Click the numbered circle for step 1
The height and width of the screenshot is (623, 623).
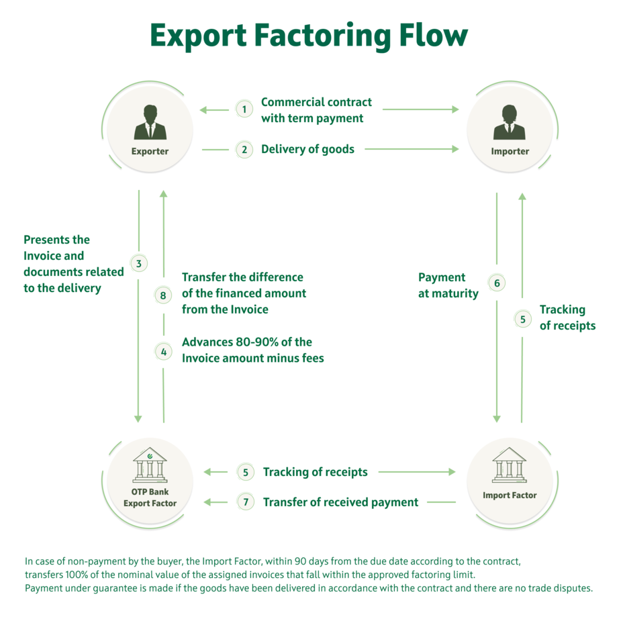click(244, 109)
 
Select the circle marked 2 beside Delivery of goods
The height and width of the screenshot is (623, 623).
click(244, 150)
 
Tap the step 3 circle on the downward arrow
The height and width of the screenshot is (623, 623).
click(138, 263)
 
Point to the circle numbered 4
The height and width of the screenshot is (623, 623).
click(163, 350)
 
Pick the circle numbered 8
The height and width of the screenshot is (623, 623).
click(163, 294)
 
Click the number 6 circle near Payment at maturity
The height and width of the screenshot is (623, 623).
click(497, 283)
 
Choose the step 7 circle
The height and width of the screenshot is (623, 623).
click(246, 501)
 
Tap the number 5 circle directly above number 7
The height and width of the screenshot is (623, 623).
click(246, 472)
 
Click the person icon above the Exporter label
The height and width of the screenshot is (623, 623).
click(150, 122)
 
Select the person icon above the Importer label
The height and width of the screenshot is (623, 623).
click(510, 122)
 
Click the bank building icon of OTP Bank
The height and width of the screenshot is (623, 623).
click(150, 465)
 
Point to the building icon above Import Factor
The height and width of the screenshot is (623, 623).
click(510, 465)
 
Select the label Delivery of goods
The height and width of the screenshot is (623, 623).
click(307, 149)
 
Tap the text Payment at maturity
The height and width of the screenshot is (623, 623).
click(448, 285)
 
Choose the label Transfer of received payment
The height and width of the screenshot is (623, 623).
click(340, 502)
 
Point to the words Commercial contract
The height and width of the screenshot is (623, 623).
click(316, 102)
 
